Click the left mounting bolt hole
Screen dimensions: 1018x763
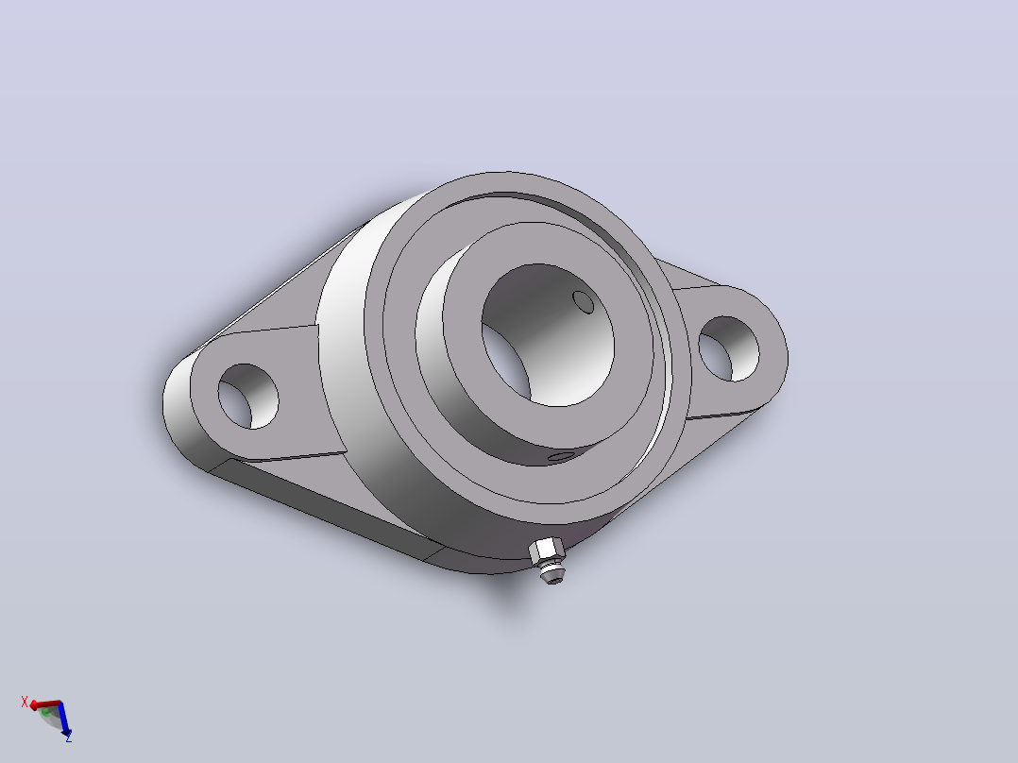click(248, 396)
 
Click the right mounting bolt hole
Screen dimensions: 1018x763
click(728, 348)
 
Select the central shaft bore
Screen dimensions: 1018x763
click(548, 335)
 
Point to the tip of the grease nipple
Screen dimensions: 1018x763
click(553, 579)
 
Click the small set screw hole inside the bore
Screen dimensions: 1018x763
click(583, 302)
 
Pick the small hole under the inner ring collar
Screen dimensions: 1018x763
click(560, 457)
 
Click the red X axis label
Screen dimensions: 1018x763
click(25, 702)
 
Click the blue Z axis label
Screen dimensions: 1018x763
click(68, 738)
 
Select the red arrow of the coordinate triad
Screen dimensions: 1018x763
click(45, 704)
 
